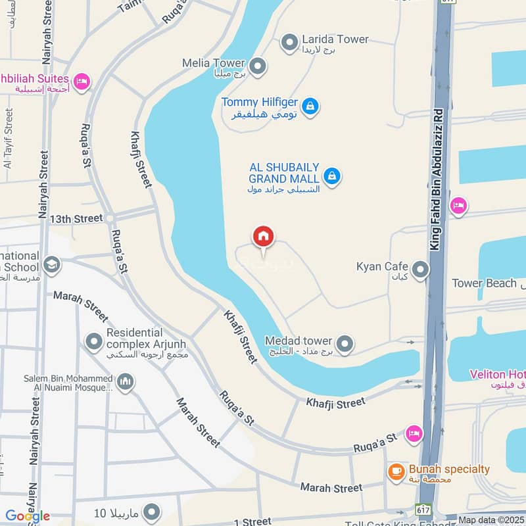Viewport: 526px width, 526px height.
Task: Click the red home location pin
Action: [x=263, y=237]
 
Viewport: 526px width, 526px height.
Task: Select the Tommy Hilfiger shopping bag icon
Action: [x=310, y=105]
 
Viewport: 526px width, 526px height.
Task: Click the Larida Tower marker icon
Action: [x=289, y=43]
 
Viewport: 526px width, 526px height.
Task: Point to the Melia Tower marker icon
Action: [x=258, y=66]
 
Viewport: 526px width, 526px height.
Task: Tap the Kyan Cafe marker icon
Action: [x=419, y=269]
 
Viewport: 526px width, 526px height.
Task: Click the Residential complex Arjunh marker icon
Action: [x=95, y=341]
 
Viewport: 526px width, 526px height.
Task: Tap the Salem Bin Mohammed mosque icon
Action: [x=126, y=381]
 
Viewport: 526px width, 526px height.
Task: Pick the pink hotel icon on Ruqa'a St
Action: [x=414, y=433]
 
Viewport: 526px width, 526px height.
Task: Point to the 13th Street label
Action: [x=76, y=218]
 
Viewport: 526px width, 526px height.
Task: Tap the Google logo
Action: [x=28, y=516]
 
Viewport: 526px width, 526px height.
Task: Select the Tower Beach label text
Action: [x=484, y=283]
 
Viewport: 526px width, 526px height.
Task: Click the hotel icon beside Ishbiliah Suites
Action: [x=82, y=81]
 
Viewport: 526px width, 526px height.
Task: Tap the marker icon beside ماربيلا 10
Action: [x=152, y=512]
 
